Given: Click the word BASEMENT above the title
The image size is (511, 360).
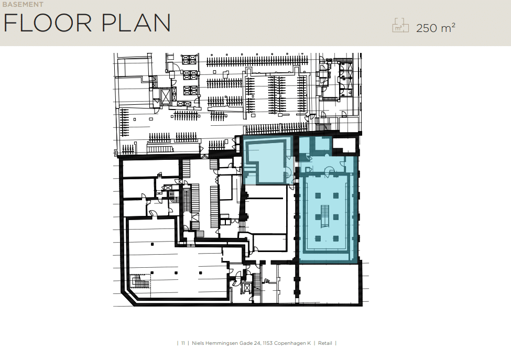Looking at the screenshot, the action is [23, 5].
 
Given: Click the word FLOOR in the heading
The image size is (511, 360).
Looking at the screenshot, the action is [48, 23].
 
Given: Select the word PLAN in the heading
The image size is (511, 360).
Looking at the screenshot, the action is [136, 23].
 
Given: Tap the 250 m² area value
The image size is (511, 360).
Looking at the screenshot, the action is [436, 28].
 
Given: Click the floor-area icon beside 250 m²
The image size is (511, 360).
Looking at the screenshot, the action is [400, 25].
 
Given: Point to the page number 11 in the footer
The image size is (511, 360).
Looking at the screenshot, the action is [183, 343].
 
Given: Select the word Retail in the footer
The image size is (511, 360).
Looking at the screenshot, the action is [325, 343].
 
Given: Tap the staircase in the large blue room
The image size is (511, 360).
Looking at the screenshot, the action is [325, 216].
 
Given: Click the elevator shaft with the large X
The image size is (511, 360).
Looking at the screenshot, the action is [166, 96].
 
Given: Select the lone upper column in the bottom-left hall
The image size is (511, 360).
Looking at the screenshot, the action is [152, 244].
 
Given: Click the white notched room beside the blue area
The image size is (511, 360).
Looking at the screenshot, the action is [344, 145].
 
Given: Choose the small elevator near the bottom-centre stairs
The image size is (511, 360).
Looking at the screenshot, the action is [247, 288].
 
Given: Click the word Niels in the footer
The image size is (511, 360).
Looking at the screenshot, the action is [198, 343].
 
